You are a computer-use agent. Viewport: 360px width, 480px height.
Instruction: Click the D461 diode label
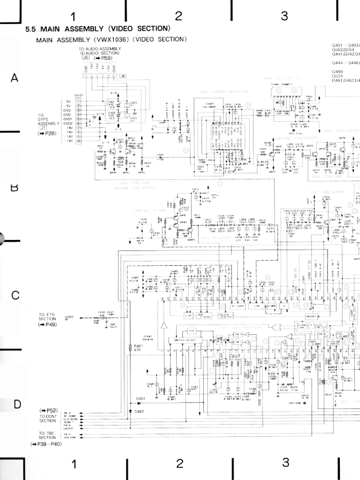140,399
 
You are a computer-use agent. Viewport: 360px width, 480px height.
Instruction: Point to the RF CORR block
238,306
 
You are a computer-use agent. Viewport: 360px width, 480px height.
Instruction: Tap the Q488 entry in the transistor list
337,71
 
